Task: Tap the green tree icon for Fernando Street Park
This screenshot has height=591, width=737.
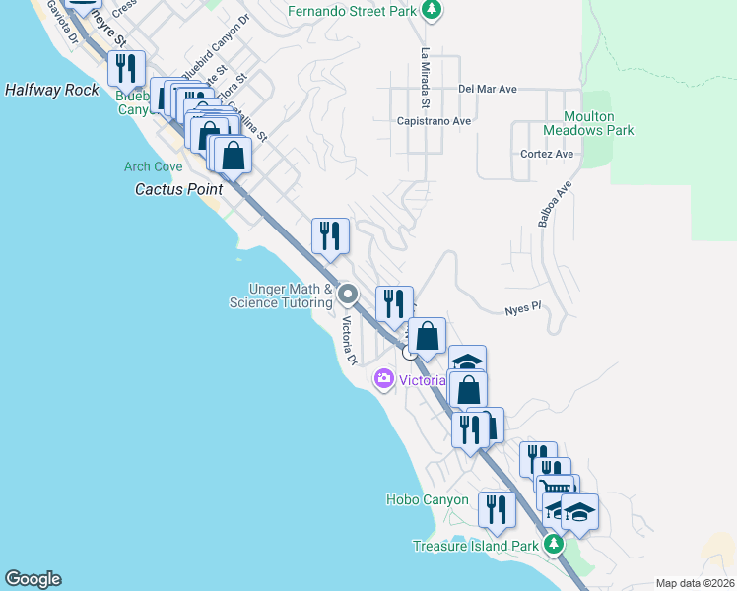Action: click(430, 11)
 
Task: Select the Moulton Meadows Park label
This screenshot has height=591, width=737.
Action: click(588, 123)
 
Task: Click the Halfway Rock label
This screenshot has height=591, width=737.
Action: click(51, 90)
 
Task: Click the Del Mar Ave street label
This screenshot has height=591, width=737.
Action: click(488, 89)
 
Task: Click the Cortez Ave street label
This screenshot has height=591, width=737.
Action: click(547, 154)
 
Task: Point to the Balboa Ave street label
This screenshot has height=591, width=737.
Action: click(555, 204)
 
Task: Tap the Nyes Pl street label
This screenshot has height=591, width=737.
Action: click(523, 307)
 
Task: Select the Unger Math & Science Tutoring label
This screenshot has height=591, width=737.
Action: click(281, 295)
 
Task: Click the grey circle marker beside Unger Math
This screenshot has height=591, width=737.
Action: click(347, 295)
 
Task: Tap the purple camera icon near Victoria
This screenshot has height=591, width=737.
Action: click(383, 379)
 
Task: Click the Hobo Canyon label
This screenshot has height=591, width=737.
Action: click(427, 500)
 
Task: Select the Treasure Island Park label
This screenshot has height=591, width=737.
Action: click(475, 546)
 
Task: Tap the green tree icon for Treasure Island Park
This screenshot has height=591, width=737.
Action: click(554, 545)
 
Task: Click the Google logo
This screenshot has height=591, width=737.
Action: click(33, 579)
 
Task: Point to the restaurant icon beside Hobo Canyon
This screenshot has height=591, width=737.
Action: click(497, 509)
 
